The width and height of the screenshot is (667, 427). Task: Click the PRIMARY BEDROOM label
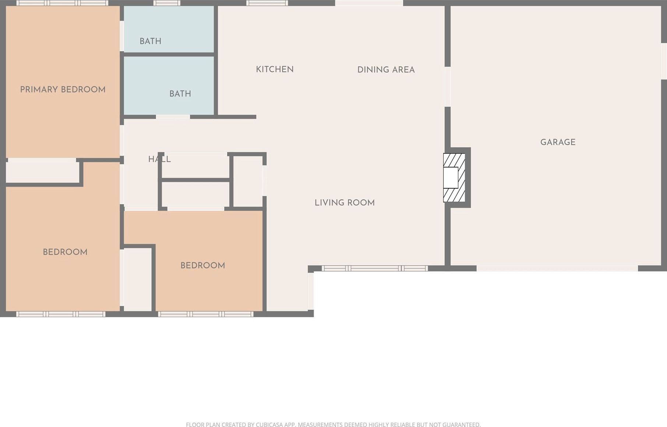[x=63, y=90]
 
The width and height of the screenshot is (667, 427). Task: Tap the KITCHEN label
[x=275, y=69]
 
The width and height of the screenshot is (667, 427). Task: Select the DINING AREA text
[x=386, y=70]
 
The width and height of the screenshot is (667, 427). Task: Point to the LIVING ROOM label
[x=345, y=203]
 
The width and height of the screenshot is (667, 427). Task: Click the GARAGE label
[x=558, y=142]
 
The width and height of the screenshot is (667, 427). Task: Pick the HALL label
[x=159, y=159]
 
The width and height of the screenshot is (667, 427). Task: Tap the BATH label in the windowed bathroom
[x=150, y=41]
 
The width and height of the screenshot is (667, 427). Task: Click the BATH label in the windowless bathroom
[x=180, y=94]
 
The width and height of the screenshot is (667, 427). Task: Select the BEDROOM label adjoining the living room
[x=202, y=266]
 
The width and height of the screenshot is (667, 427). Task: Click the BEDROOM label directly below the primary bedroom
[x=65, y=252]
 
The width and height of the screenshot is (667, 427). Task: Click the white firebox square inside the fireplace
[x=451, y=178]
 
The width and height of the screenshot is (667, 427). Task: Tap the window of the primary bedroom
[x=63, y=3]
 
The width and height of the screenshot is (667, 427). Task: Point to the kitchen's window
[x=267, y=3]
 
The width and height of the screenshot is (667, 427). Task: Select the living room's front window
[x=375, y=269]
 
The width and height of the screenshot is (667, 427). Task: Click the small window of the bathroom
[x=167, y=3]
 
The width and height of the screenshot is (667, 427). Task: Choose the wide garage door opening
[x=557, y=269]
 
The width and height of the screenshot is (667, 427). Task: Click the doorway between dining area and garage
[x=448, y=87]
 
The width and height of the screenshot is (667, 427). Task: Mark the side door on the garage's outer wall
[x=664, y=61]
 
